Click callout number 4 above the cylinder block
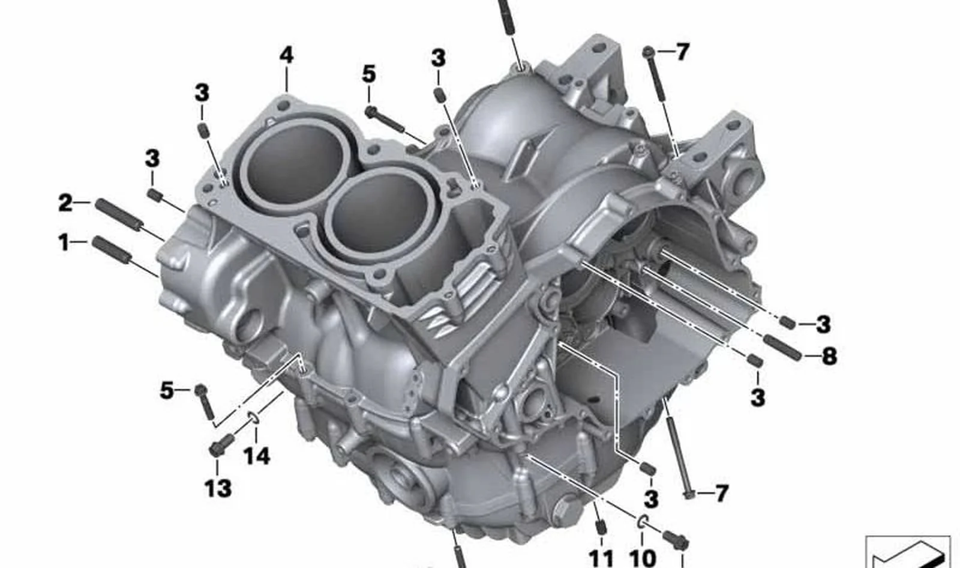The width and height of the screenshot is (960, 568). [287, 56]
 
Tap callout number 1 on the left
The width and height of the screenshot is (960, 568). [64, 243]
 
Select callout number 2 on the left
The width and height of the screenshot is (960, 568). [65, 203]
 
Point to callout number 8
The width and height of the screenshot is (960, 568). [829, 356]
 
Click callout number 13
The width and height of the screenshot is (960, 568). [218, 489]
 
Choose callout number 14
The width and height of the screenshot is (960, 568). [257, 456]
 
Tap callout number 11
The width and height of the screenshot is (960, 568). [601, 558]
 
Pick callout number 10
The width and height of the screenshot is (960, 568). [643, 558]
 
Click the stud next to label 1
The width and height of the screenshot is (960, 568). [111, 250]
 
